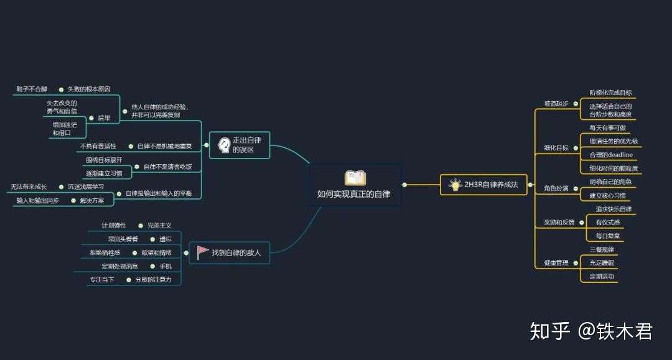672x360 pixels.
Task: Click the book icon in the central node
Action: click(355, 178)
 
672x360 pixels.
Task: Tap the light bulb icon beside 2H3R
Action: click(454, 184)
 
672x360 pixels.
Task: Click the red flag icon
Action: click(203, 252)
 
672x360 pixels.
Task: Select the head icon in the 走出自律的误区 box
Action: click(223, 145)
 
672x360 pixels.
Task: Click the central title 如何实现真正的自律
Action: click(354, 194)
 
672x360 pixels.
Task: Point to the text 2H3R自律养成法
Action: click(491, 185)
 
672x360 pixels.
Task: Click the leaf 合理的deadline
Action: click(610, 154)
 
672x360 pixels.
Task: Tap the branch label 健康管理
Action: click(552, 263)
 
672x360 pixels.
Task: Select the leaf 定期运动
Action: click(602, 276)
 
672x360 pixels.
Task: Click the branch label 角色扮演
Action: click(556, 188)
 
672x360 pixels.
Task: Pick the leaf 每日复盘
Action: click(607, 236)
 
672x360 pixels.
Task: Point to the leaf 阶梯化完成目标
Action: click(610, 93)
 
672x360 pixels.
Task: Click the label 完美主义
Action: click(159, 225)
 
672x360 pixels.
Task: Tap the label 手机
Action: click(166, 266)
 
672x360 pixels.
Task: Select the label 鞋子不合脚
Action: click(32, 90)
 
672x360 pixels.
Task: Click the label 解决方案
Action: click(92, 200)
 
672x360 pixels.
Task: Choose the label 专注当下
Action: click(102, 280)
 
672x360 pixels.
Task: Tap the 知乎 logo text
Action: click(549, 331)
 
